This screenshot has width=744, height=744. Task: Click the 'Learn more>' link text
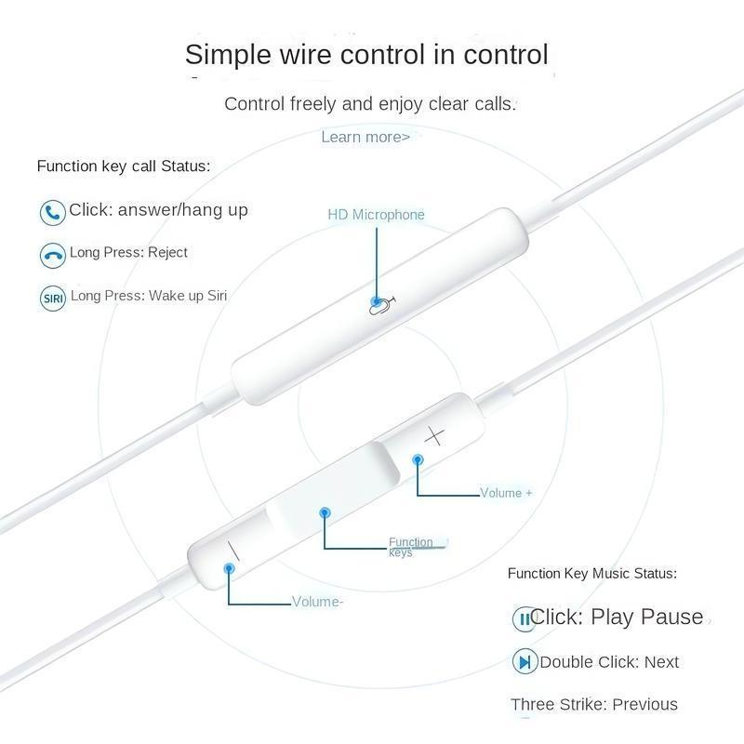click(365, 137)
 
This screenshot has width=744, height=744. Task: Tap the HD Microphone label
click(376, 215)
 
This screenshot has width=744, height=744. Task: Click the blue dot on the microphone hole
click(376, 301)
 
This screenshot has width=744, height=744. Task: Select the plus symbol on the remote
click(434, 435)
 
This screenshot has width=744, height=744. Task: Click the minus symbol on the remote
click(232, 551)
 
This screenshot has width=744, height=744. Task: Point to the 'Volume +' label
click(506, 493)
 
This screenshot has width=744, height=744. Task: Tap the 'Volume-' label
click(318, 602)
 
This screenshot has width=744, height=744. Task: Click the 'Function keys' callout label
click(411, 547)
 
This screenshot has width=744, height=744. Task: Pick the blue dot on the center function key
click(325, 512)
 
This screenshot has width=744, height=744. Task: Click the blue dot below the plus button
click(418, 458)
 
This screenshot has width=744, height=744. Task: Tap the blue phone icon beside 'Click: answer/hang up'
click(52, 212)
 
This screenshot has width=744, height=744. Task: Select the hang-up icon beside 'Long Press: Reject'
click(52, 255)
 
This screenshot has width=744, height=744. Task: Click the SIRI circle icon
click(53, 299)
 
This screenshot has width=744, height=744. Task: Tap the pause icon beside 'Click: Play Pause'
click(525, 618)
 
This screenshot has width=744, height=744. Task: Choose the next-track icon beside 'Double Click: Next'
click(525, 662)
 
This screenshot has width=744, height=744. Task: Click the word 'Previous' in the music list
click(644, 704)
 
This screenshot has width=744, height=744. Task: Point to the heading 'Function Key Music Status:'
click(592, 574)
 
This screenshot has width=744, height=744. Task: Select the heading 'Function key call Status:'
click(124, 166)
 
